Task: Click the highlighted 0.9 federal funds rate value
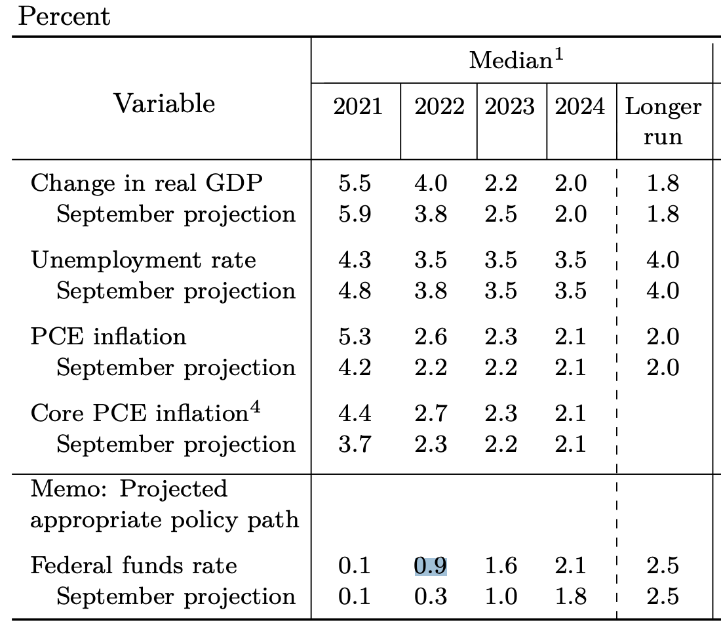coord(431,565)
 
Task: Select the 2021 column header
coord(357,106)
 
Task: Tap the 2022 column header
coord(438,106)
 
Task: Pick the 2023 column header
coord(510,106)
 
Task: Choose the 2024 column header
coord(580,106)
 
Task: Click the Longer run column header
coord(663,121)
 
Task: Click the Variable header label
coord(165,104)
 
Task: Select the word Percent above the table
coord(64,16)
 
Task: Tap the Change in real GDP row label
coord(146,183)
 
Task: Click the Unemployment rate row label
coord(143,260)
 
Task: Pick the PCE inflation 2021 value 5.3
coord(355,337)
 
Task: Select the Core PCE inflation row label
coord(138,414)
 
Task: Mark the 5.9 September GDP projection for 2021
coord(355,214)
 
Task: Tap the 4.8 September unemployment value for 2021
coord(355,291)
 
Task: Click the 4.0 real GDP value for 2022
coord(431,183)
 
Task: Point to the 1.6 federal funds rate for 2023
coord(501,565)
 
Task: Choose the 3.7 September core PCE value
coord(355,445)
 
